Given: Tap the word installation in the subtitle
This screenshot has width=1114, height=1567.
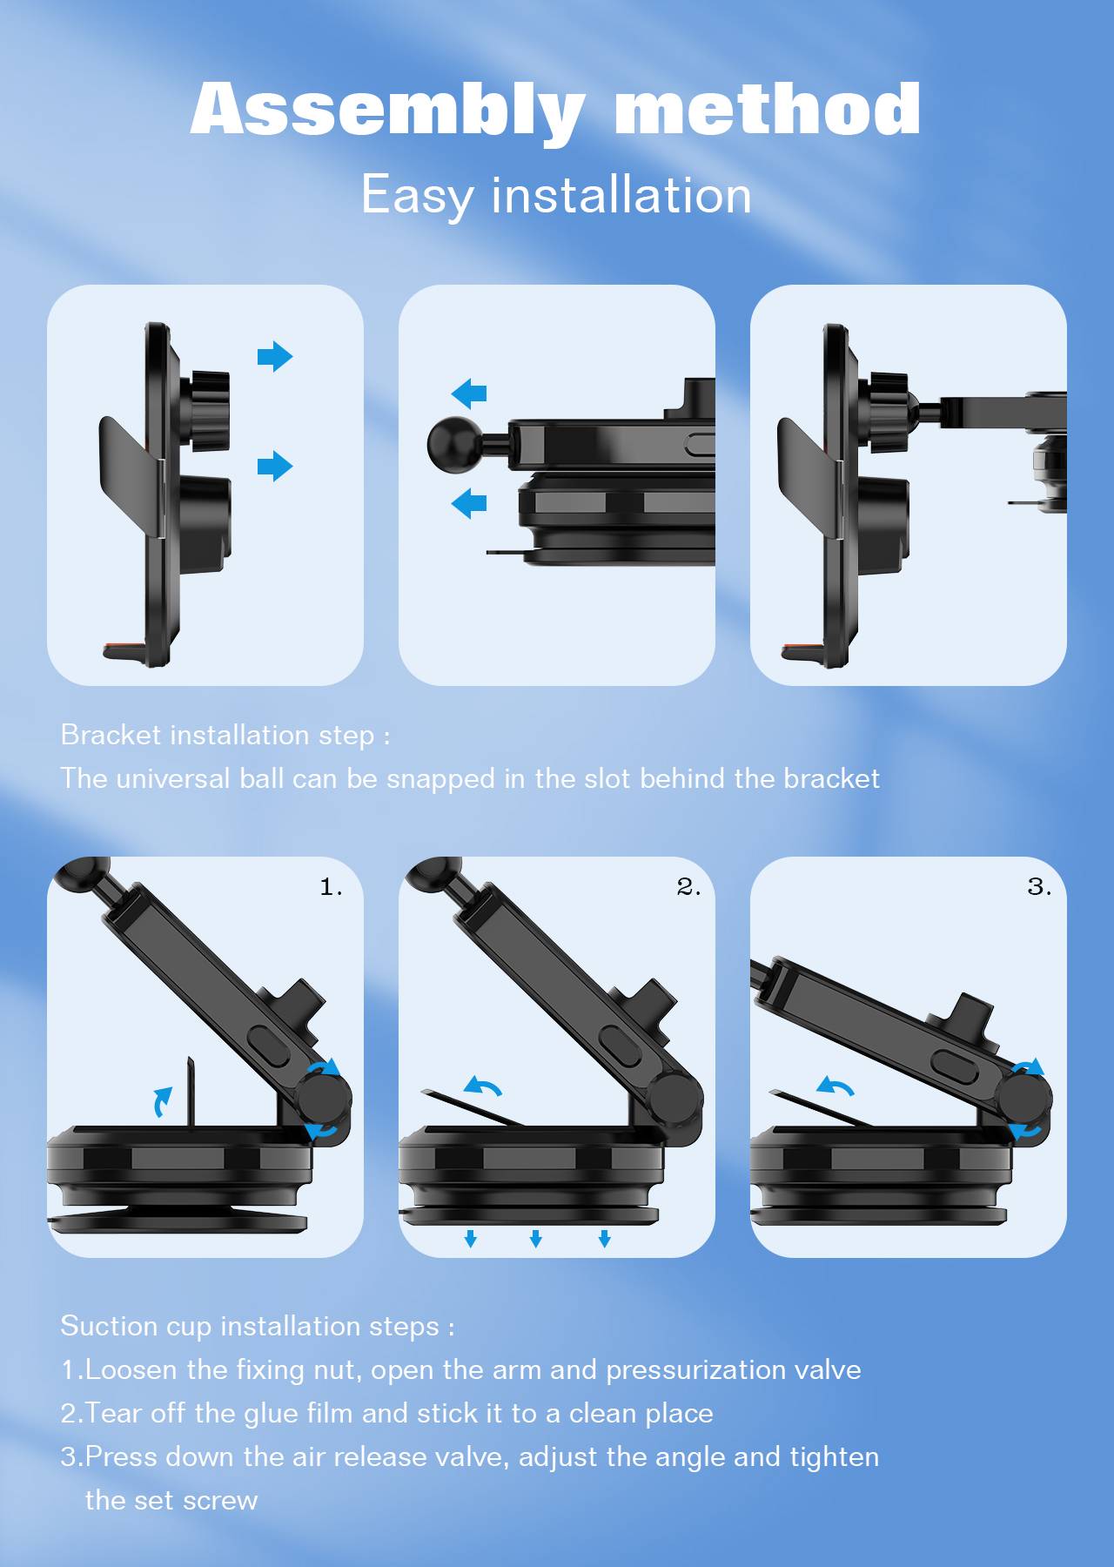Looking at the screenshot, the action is [621, 194].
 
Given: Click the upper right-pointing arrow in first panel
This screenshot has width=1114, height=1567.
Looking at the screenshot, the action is [275, 356].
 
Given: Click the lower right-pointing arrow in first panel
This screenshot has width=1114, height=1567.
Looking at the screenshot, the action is [275, 466].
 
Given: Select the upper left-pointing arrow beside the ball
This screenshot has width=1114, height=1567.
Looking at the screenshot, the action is [469, 393].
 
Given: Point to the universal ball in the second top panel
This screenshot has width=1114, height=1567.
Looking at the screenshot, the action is [449, 441].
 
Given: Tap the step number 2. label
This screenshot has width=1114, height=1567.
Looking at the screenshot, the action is [689, 887].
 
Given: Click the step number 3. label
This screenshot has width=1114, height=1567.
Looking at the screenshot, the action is [1040, 887].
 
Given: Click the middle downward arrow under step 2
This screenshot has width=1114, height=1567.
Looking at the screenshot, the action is [536, 1238].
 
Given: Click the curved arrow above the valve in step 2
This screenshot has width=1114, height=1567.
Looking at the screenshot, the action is [483, 1085].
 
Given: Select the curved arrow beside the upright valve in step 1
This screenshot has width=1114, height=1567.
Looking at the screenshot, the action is [162, 1101].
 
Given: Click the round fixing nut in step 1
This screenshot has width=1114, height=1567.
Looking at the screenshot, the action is [325, 1100].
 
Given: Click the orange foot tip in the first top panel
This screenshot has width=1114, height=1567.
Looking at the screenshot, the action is [118, 649].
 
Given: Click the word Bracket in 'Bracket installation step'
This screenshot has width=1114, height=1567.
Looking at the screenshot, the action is [111, 735].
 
